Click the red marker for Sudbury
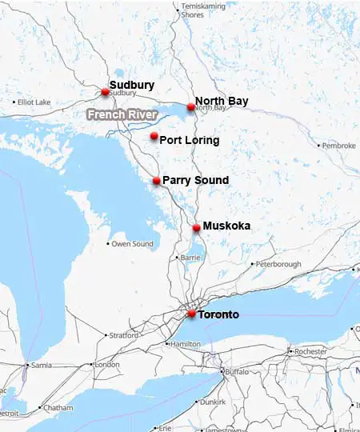point(105,92)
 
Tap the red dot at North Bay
point(191,107)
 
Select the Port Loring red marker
point(154,137)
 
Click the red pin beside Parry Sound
point(157,181)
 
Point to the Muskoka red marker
point(197,228)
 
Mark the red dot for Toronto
point(191,314)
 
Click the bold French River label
point(122,114)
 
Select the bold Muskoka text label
point(226,226)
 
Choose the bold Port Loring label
point(190,140)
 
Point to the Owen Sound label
point(132,243)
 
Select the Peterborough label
point(278,264)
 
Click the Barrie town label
point(189,258)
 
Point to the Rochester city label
point(310,350)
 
